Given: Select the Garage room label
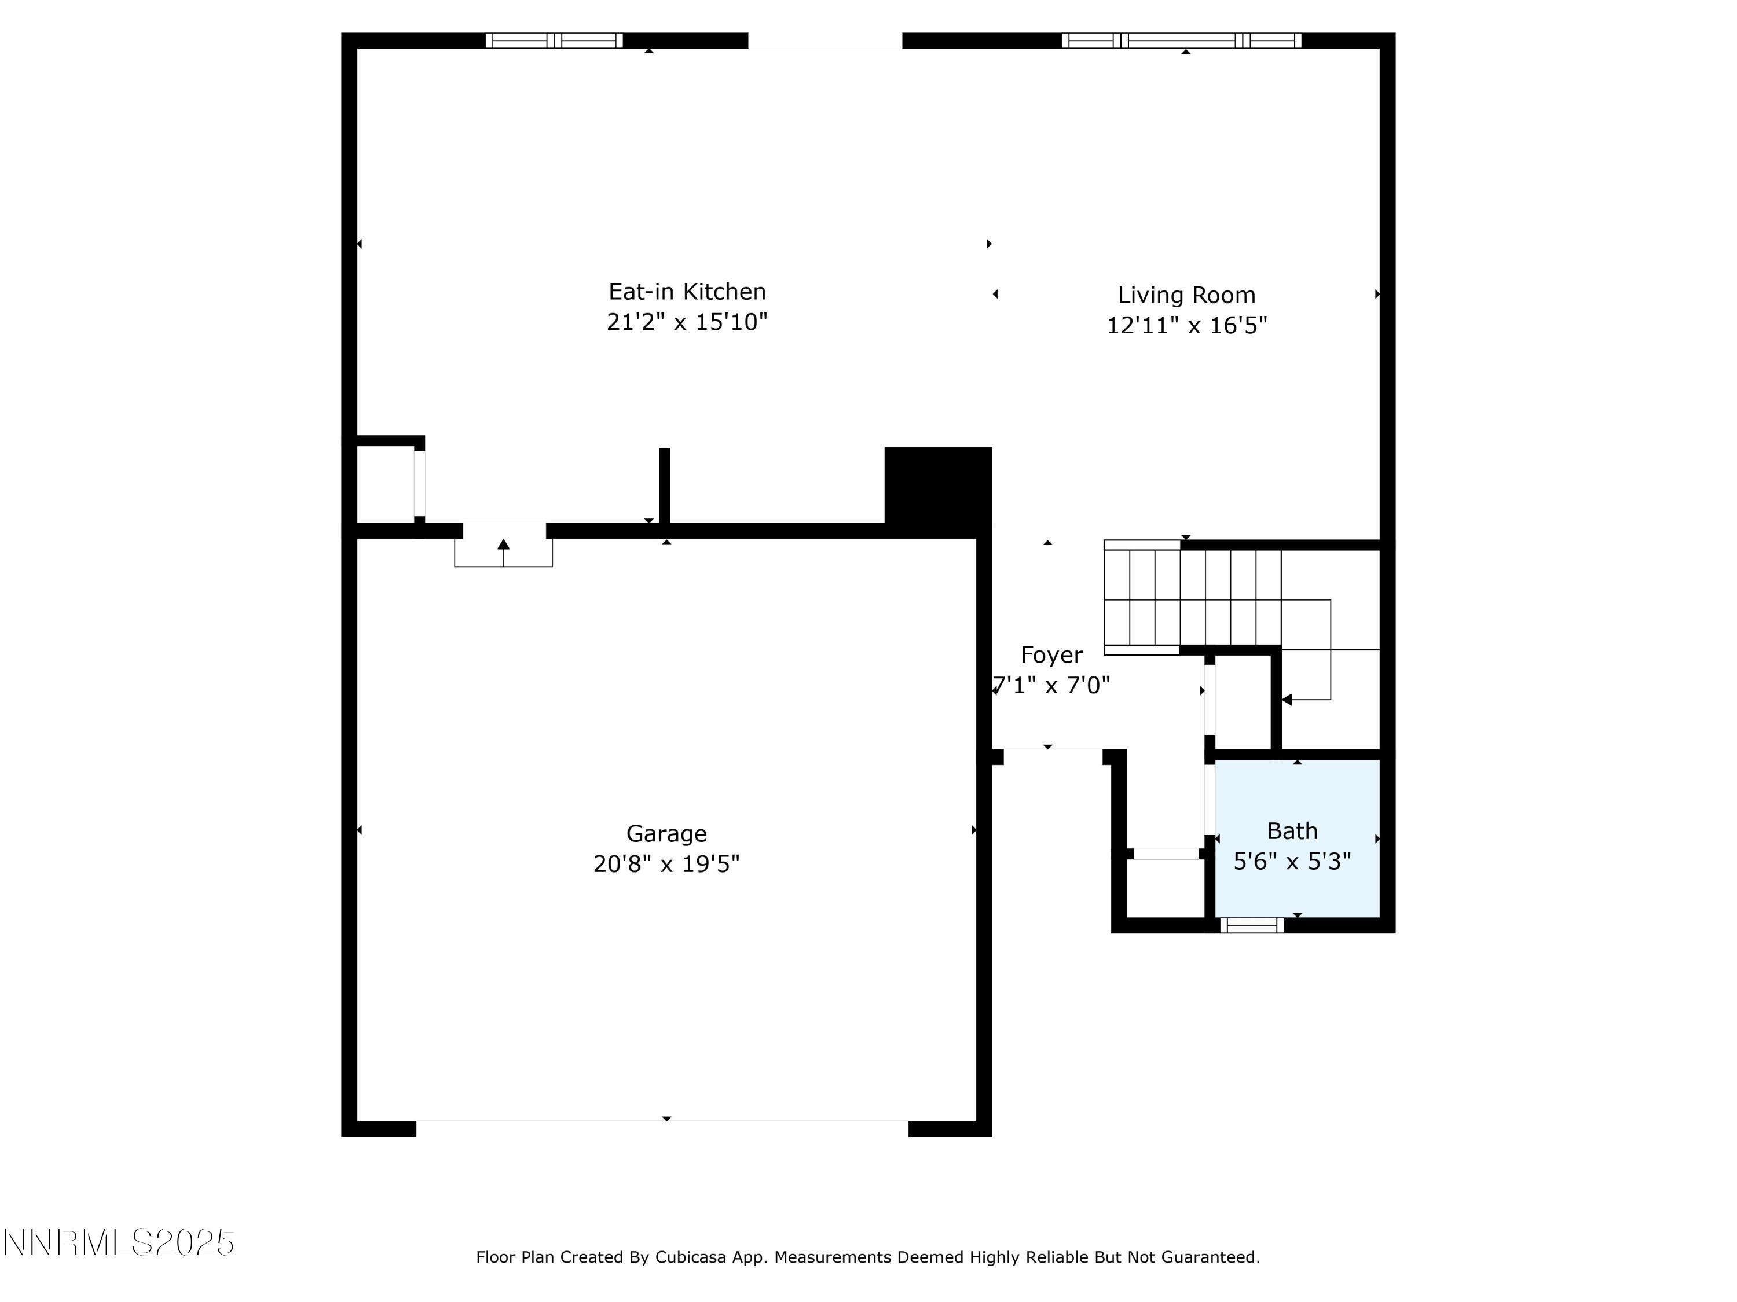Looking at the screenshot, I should (666, 833).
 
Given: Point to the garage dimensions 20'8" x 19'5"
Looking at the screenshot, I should (666, 864).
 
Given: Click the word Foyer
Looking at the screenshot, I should (1051, 655).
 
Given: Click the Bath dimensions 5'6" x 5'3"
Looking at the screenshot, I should (1292, 862).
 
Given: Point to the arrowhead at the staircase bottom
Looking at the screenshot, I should (1287, 699).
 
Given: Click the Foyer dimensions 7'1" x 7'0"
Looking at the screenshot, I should (1052, 686).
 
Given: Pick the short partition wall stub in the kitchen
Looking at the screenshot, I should (664, 485).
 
